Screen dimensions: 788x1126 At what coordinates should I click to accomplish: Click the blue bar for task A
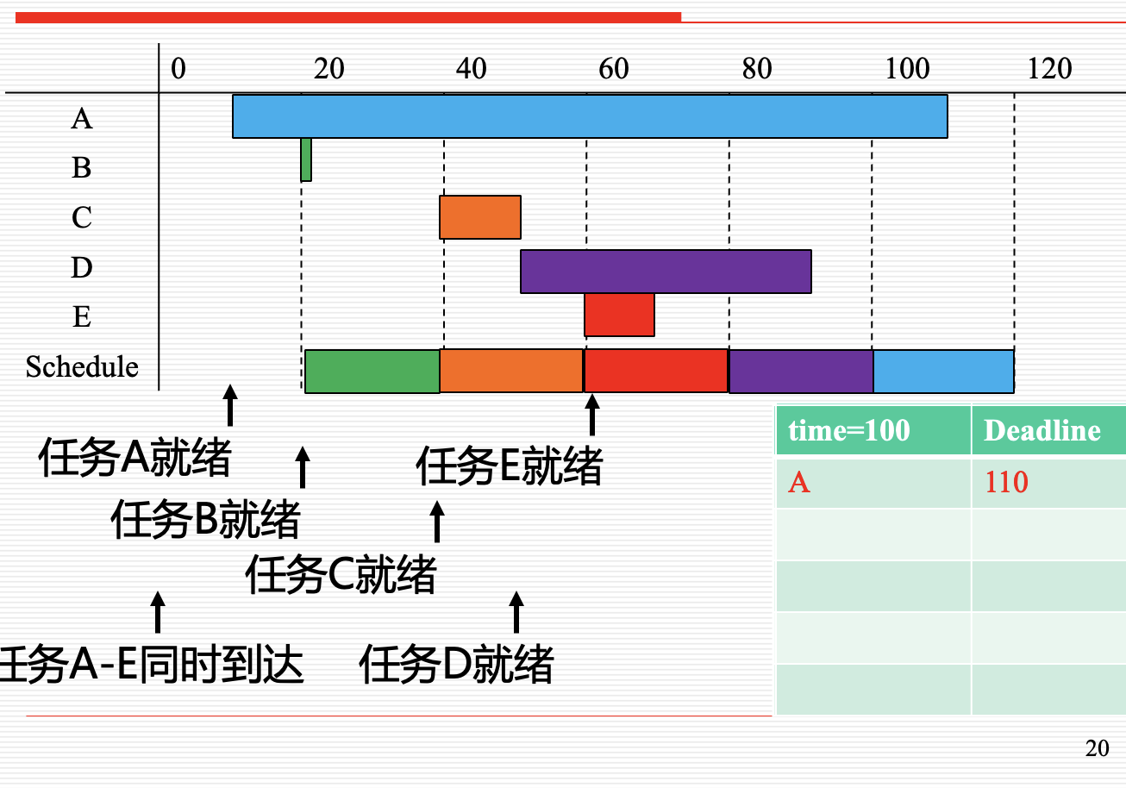tap(590, 116)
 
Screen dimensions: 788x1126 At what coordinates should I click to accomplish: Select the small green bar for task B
tap(306, 159)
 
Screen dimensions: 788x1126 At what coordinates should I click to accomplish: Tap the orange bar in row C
tap(480, 217)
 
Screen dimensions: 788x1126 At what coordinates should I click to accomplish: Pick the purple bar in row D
tap(666, 271)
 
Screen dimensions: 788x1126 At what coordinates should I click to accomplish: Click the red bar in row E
tap(619, 315)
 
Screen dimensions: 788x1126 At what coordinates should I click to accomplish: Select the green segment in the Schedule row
tap(372, 371)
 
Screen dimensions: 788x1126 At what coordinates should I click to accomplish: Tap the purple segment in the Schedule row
tap(801, 371)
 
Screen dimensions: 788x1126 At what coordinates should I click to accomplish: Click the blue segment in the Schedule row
tap(943, 371)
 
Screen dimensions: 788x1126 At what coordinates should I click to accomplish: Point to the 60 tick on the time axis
tap(614, 68)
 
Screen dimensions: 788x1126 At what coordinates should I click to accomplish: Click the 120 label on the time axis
tap(1049, 68)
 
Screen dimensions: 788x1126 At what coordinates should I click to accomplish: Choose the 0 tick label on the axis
tap(178, 68)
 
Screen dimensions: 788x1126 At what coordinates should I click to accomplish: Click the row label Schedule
tap(82, 367)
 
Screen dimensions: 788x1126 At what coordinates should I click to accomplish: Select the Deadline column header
tap(1042, 430)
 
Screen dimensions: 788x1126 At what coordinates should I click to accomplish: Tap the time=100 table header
tap(849, 430)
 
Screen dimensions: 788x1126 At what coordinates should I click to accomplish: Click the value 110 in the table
tap(1006, 482)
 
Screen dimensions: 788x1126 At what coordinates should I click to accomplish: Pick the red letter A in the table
tap(799, 482)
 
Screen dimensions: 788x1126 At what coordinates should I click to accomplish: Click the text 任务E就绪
tap(509, 467)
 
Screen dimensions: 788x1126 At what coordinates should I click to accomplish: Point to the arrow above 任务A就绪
tap(229, 404)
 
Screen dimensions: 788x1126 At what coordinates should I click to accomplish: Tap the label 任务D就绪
tap(456, 665)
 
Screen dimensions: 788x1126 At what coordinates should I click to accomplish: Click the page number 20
tap(1097, 748)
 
